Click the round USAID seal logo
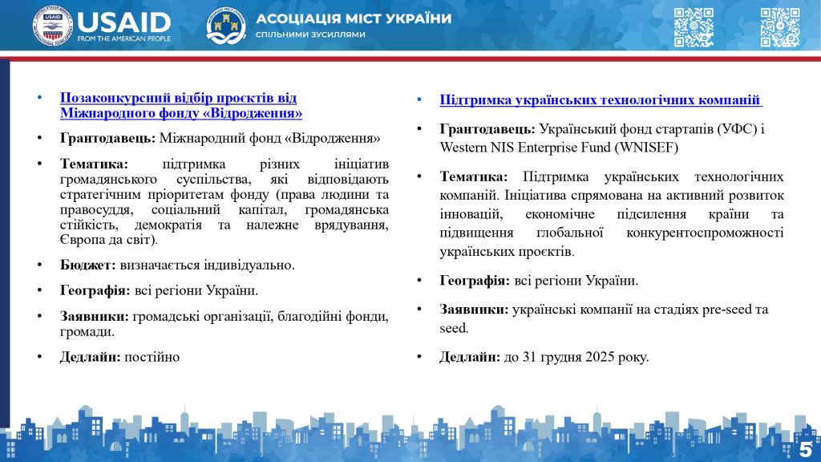pos(51,26)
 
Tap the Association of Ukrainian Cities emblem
pos(226,26)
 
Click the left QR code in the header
pos(693,27)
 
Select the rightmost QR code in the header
pos(779,27)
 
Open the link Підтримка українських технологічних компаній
pos(601,100)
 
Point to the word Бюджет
pos(87,264)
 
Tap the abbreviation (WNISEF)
pos(642,148)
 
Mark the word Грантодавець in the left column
pos(107,138)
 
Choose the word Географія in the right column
pos(474,281)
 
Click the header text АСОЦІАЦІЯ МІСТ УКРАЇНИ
pos(353,18)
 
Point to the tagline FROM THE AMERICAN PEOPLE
pos(124,38)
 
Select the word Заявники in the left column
pos(95,317)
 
